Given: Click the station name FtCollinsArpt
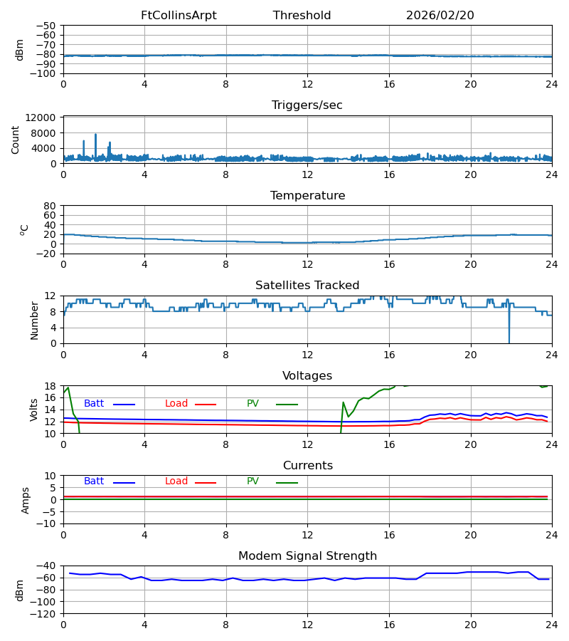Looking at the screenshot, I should click(x=179, y=16).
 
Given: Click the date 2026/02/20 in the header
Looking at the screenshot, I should click(x=440, y=16).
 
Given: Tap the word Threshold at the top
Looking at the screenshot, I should click(x=302, y=16).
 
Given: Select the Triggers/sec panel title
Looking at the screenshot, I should click(x=307, y=105).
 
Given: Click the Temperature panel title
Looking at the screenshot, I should click(x=307, y=196).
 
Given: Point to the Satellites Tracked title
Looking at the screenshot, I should click(x=307, y=286).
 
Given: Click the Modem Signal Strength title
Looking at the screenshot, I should click(x=307, y=556).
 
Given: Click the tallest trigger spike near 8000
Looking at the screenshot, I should click(x=95, y=135).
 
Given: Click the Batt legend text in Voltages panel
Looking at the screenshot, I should click(x=94, y=404).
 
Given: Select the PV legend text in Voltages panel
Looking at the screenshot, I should click(x=252, y=404).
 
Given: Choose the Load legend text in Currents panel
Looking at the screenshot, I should click(x=176, y=481).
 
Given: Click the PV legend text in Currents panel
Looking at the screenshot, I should click(x=252, y=481).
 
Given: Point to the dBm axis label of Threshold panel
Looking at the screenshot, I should click(x=20, y=50).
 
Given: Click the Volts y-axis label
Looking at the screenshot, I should click(x=34, y=410).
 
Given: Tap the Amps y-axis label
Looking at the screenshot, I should click(x=26, y=500).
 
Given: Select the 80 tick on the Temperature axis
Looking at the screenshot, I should click(x=50, y=206).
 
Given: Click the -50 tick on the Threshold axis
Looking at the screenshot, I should click(x=47, y=26).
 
